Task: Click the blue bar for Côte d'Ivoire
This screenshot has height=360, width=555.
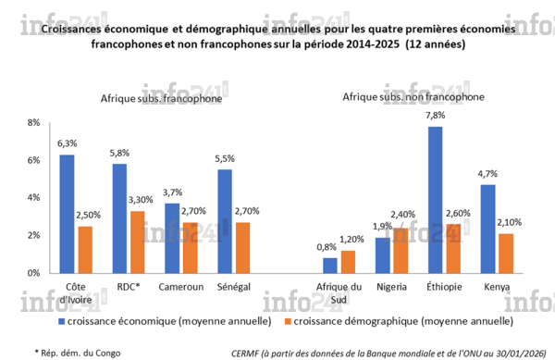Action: click(x=67, y=214)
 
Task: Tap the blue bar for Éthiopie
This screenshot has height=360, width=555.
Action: click(x=435, y=200)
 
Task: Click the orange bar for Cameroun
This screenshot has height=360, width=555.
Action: click(x=188, y=247)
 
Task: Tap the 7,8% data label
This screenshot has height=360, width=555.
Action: click(x=435, y=116)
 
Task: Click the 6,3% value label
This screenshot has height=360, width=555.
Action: click(x=67, y=143)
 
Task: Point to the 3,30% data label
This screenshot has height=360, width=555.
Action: click(x=136, y=200)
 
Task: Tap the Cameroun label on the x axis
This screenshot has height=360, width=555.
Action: click(x=179, y=287)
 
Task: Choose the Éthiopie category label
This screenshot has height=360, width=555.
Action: click(x=443, y=287)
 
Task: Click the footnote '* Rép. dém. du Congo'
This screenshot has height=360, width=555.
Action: click(x=78, y=353)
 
